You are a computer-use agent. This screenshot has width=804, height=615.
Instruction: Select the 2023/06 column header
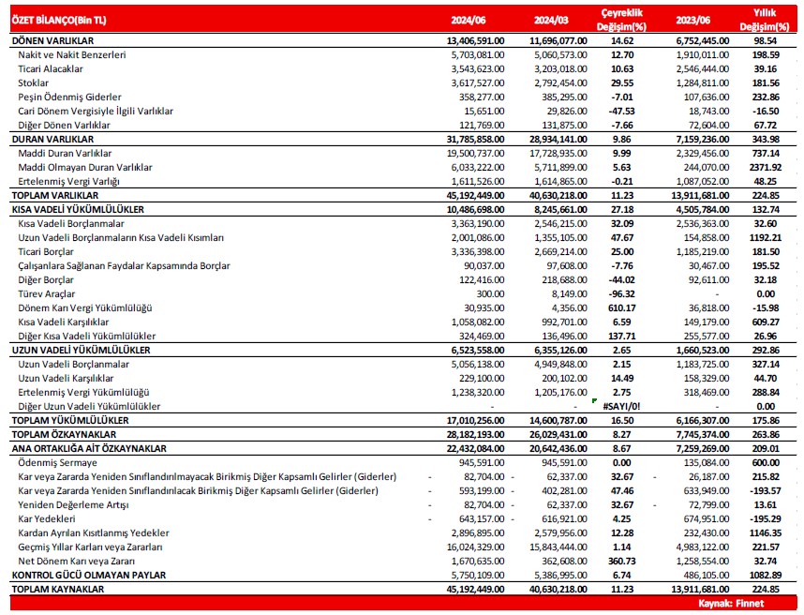point(692,18)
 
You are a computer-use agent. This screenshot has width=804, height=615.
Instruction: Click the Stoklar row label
point(35,83)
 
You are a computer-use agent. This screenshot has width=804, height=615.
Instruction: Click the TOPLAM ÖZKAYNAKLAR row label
point(63,435)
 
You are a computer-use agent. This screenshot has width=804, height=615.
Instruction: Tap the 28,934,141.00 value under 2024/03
point(558,139)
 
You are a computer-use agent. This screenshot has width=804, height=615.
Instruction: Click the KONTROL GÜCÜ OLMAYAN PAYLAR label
point(88,575)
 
